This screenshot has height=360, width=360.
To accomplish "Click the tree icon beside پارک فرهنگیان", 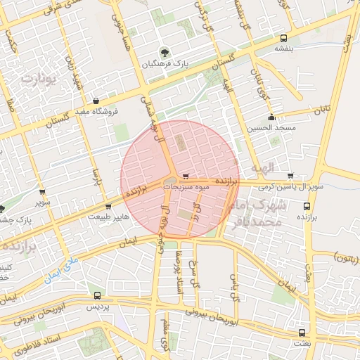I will [164, 53].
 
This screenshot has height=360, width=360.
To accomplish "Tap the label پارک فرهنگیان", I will [164, 64].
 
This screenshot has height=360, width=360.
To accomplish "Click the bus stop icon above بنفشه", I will [283, 39].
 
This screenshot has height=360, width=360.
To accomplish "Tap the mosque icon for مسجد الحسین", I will [271, 117].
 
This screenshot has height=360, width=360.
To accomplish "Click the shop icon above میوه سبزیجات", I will [186, 176].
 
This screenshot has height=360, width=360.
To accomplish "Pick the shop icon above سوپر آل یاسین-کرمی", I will [290, 176].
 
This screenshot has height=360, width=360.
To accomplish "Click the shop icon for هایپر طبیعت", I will [108, 207].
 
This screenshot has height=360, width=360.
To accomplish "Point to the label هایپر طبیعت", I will [108, 217].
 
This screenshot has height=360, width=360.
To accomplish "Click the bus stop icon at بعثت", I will [302, 333].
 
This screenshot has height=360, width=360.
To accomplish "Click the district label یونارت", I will [37, 79].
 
